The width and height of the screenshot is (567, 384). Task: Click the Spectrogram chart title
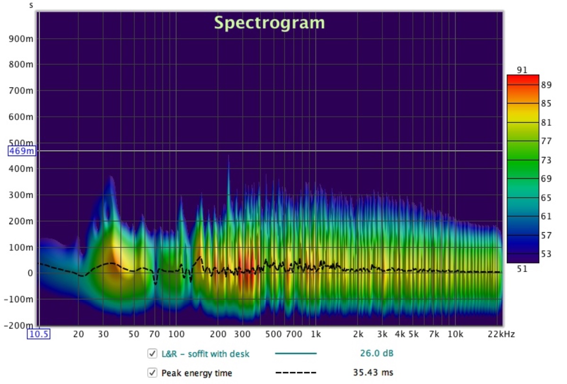point(269,22)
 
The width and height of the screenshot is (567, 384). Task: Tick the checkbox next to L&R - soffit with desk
point(152,353)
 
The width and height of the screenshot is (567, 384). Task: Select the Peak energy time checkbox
point(152,373)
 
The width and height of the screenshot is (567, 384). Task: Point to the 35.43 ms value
point(373,373)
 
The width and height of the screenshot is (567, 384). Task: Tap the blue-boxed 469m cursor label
point(22,151)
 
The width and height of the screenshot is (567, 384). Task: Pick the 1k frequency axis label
point(315,334)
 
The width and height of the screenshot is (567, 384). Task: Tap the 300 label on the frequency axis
point(242,334)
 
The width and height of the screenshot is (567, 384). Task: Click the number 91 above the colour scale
point(522,70)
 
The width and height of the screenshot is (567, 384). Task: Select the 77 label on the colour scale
point(546,141)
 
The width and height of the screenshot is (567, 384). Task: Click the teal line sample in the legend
point(296,353)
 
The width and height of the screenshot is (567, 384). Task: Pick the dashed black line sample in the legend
point(296,373)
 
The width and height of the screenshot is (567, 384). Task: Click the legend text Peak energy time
point(197,373)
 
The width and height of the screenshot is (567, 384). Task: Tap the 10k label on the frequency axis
point(455,334)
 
